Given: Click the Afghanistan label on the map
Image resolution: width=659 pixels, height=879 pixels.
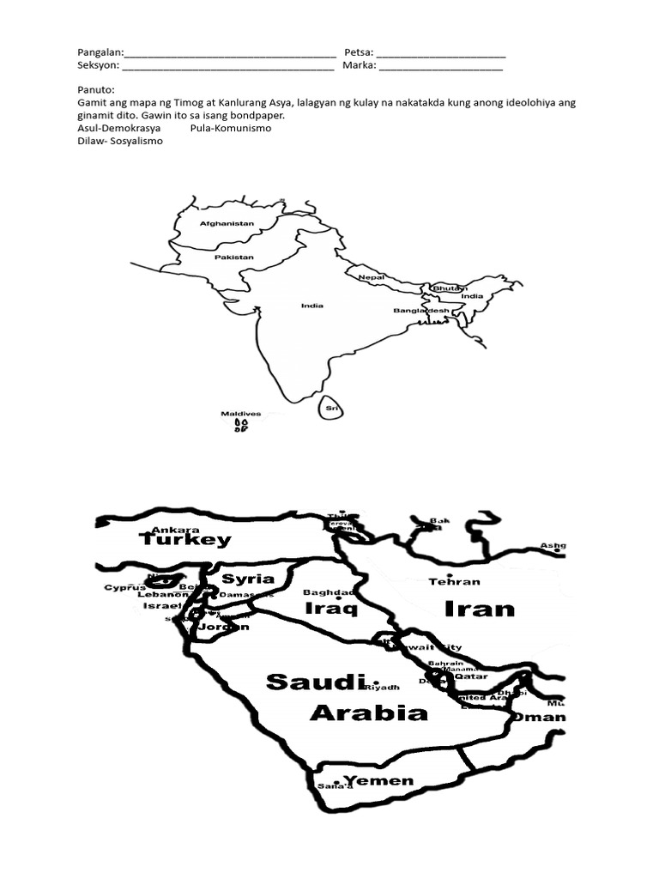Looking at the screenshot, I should [227, 223].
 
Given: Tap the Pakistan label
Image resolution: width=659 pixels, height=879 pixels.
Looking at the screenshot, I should [234, 257].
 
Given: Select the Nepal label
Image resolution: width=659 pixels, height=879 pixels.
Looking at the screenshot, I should [371, 277].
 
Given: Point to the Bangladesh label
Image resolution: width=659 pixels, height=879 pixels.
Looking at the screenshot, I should [421, 310].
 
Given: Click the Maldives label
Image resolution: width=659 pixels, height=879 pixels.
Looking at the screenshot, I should [240, 413].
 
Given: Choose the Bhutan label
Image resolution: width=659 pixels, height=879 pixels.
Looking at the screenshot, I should [450, 288].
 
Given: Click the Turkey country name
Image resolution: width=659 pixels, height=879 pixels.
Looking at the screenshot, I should [185, 540].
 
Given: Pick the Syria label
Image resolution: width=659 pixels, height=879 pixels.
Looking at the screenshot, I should [248, 578].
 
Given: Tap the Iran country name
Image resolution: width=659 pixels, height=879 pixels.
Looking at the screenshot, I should [480, 609].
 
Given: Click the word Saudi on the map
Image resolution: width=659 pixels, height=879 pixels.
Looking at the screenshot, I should [311, 682].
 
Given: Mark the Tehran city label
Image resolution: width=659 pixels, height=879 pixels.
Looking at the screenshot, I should [454, 581].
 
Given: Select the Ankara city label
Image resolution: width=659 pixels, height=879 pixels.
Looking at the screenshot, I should [175, 530].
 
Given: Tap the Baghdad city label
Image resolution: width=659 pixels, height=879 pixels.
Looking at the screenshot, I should [329, 592].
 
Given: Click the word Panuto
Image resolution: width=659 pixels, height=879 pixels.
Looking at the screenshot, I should [94, 89].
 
